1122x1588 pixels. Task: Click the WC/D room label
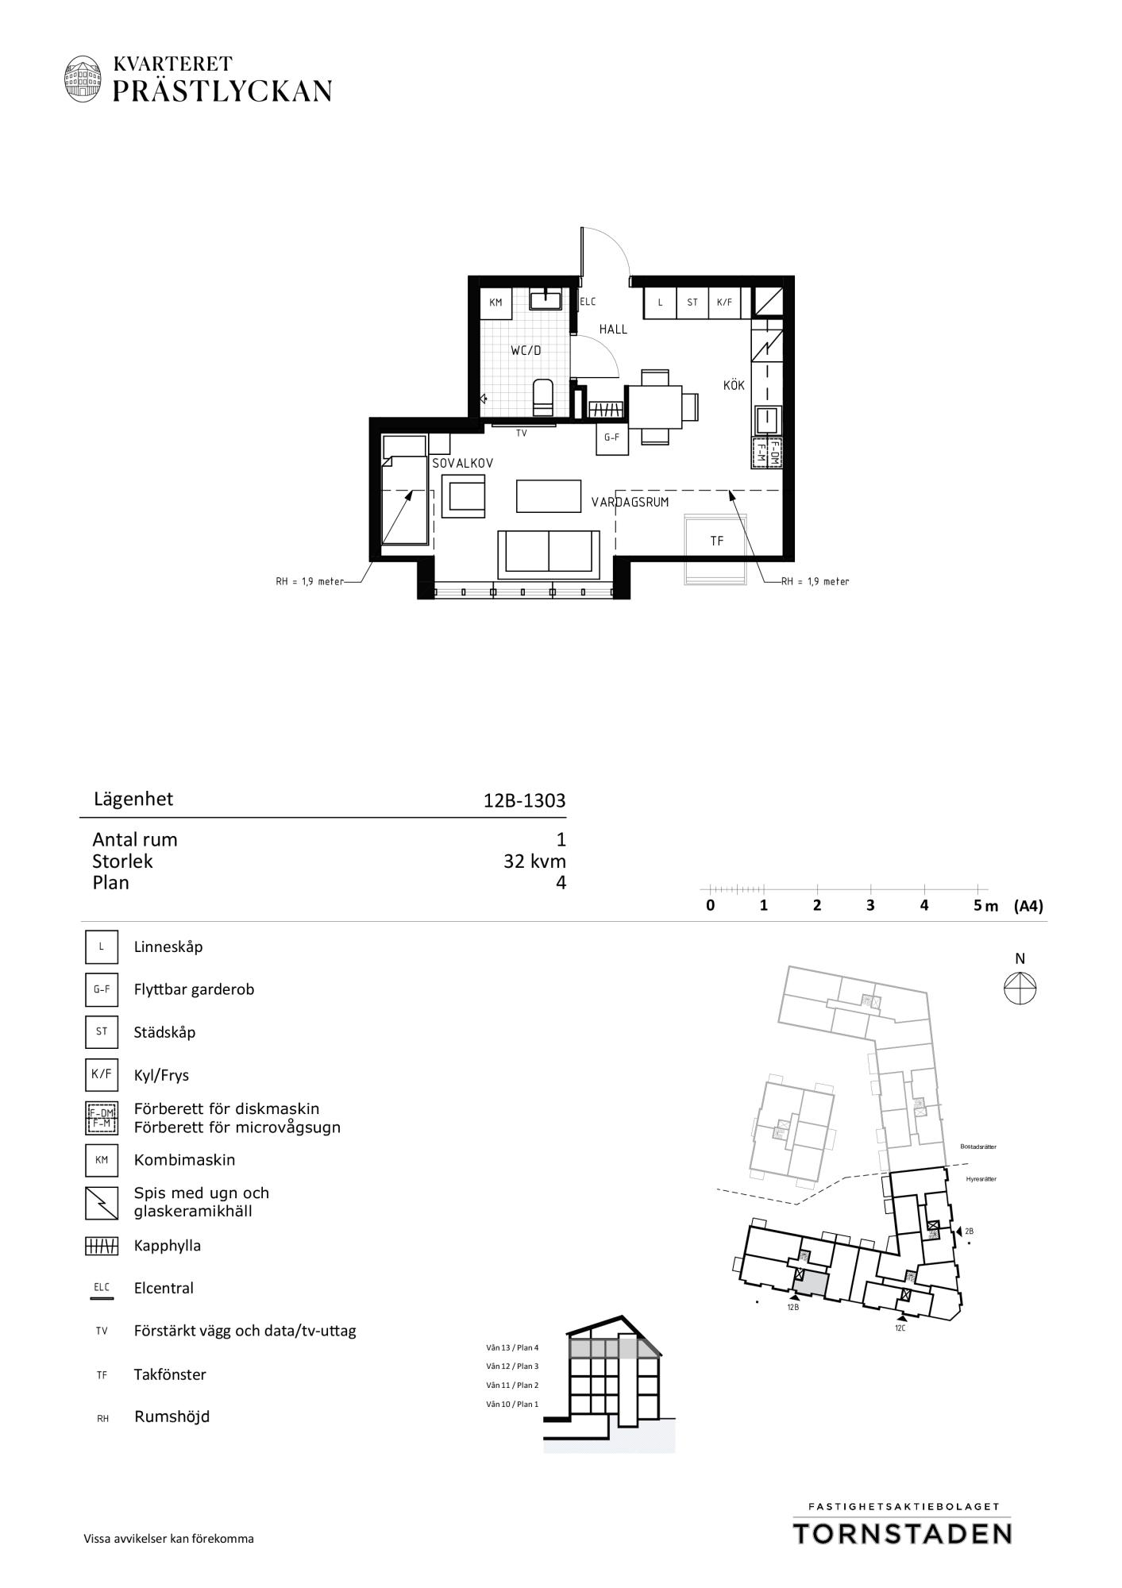click(x=526, y=350)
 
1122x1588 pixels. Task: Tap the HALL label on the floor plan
click(x=613, y=329)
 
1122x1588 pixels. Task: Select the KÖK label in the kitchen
click(x=734, y=385)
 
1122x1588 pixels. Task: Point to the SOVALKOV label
click(x=463, y=462)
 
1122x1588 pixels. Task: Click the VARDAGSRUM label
click(x=630, y=502)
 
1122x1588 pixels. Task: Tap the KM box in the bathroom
click(x=496, y=303)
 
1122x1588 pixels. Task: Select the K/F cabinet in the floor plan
click(x=724, y=303)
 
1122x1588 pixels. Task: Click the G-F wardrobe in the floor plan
click(x=611, y=437)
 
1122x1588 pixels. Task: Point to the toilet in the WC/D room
click(x=543, y=397)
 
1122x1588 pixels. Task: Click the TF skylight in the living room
click(x=716, y=549)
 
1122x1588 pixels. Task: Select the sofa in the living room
click(x=549, y=554)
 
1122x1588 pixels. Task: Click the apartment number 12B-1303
click(x=525, y=800)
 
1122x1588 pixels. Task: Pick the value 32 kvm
click(x=535, y=861)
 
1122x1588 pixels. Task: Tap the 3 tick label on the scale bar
click(x=870, y=905)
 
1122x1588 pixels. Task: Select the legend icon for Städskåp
click(x=102, y=1032)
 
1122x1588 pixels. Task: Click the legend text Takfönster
click(x=170, y=1374)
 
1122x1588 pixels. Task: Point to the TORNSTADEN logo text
click(x=903, y=1534)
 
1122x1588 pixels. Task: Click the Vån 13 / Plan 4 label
click(x=513, y=1347)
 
